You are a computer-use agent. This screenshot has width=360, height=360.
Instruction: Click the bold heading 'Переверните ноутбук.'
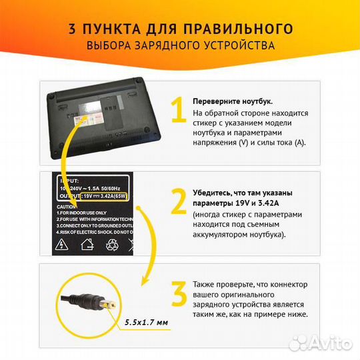tap(232, 101)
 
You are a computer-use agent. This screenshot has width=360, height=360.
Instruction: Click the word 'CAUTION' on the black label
tap(70, 206)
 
